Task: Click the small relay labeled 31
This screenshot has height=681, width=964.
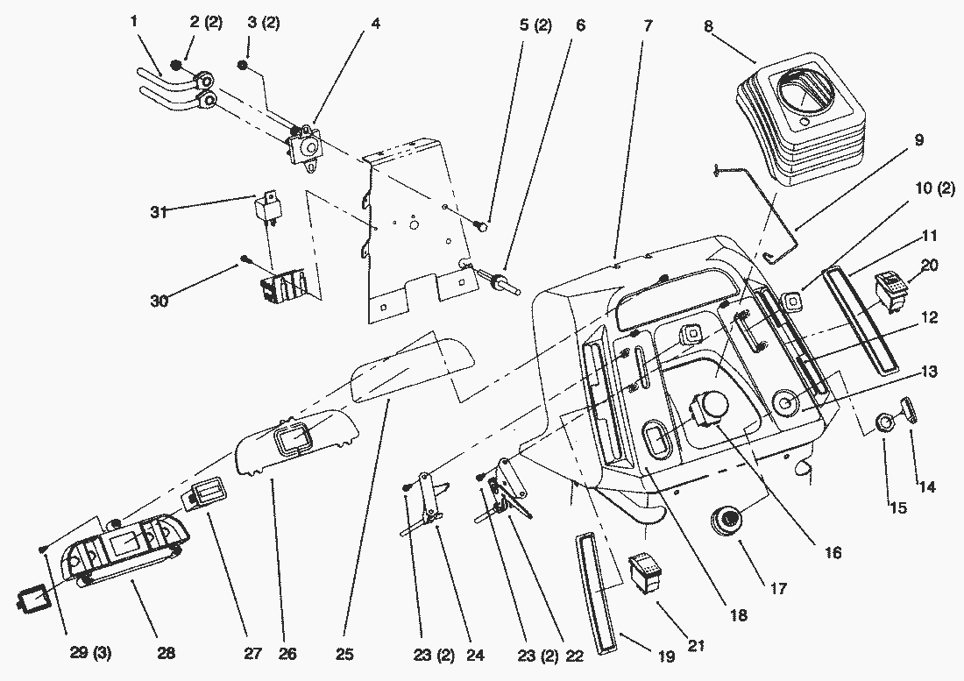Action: click(x=266, y=208)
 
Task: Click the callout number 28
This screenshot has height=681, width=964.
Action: click(x=165, y=653)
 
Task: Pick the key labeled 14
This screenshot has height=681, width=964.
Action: click(x=908, y=410)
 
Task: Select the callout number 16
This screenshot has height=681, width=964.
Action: click(x=832, y=553)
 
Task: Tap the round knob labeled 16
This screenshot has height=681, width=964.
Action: click(x=706, y=410)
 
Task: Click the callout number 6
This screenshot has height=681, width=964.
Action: click(x=579, y=26)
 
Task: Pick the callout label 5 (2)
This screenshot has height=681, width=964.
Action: click(x=535, y=26)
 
